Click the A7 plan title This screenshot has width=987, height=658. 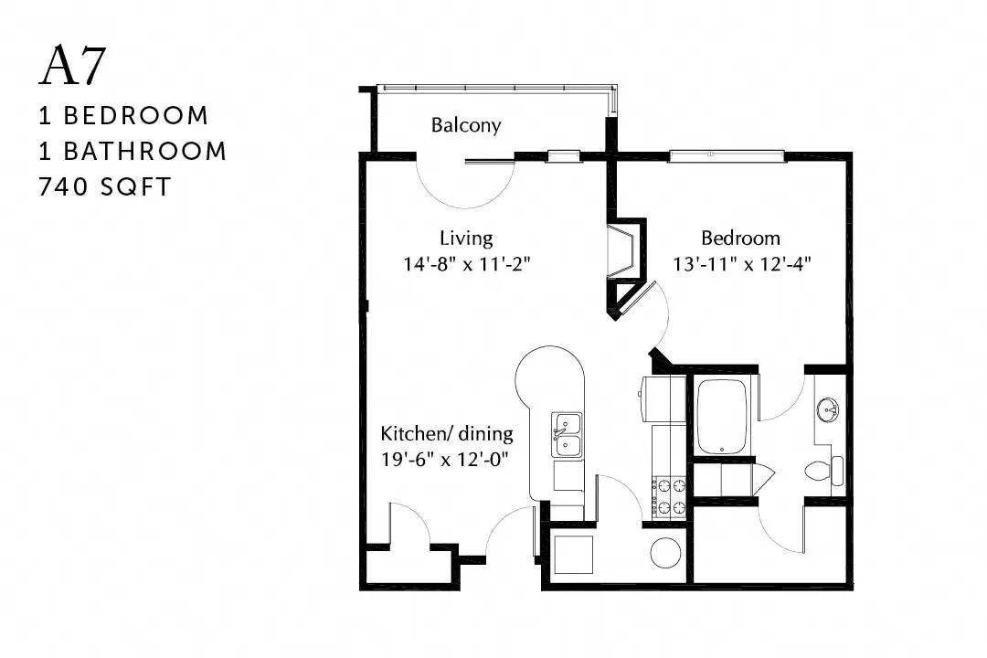coord(72,66)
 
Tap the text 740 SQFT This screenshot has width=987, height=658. coord(104,187)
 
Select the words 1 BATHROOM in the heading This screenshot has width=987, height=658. coord(133,151)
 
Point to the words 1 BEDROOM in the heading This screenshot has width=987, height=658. coord(123,116)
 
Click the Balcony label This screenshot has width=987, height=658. coord(466,125)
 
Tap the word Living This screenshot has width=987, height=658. coord(466,238)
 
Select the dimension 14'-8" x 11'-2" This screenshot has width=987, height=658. coord(466,264)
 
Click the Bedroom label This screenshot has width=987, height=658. coord(740,238)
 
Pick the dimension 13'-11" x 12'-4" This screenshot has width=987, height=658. coord(741,264)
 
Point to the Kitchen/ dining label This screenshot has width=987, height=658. coord(447,434)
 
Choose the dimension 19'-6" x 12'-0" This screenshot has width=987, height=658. coord(444,460)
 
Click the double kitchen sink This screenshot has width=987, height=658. coord(568,435)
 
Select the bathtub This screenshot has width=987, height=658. coord(722,416)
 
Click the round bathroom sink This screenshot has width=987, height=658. coord(828,411)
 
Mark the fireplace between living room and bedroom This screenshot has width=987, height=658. coord(626,251)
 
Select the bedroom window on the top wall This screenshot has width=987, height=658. coord(727,154)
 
